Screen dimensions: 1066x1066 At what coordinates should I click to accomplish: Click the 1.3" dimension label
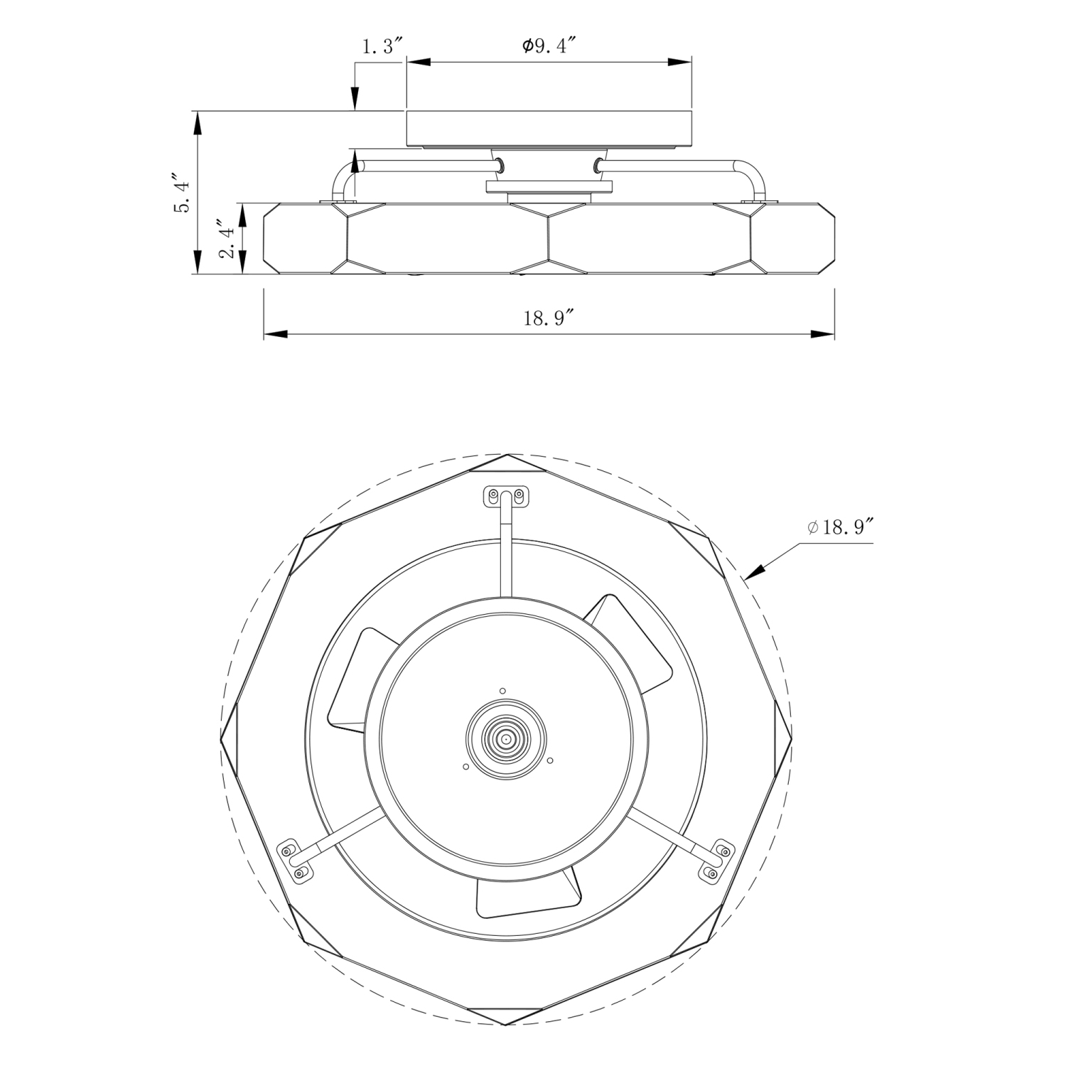(382, 47)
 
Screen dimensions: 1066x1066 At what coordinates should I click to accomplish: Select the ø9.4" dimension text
(547, 45)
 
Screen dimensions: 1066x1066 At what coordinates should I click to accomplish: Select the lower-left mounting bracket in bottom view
(296, 861)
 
